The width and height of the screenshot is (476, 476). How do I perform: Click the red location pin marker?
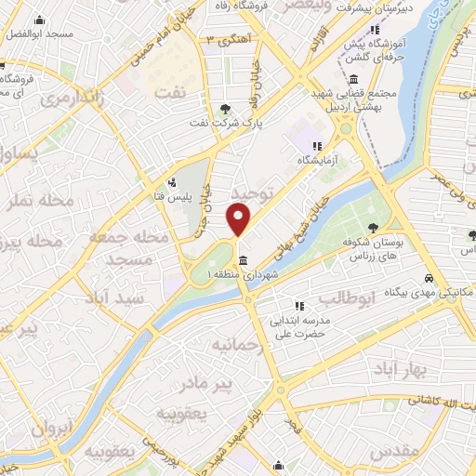point(239,219)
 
